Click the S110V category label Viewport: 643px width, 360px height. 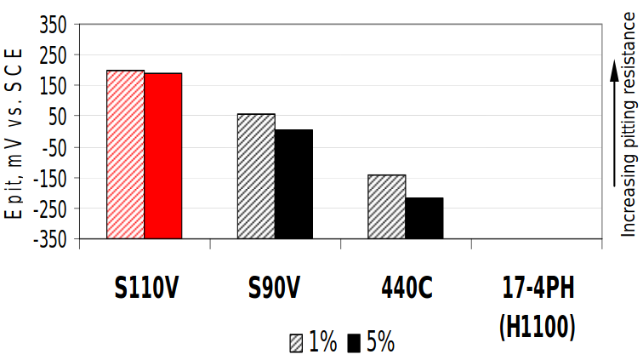tap(146, 289)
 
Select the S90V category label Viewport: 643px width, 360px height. tap(275, 289)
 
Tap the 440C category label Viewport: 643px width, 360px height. tap(406, 289)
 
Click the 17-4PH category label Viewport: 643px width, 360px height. tap(537, 289)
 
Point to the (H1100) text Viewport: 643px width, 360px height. tap(537, 323)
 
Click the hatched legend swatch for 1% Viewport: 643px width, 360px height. tap(296, 343)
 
